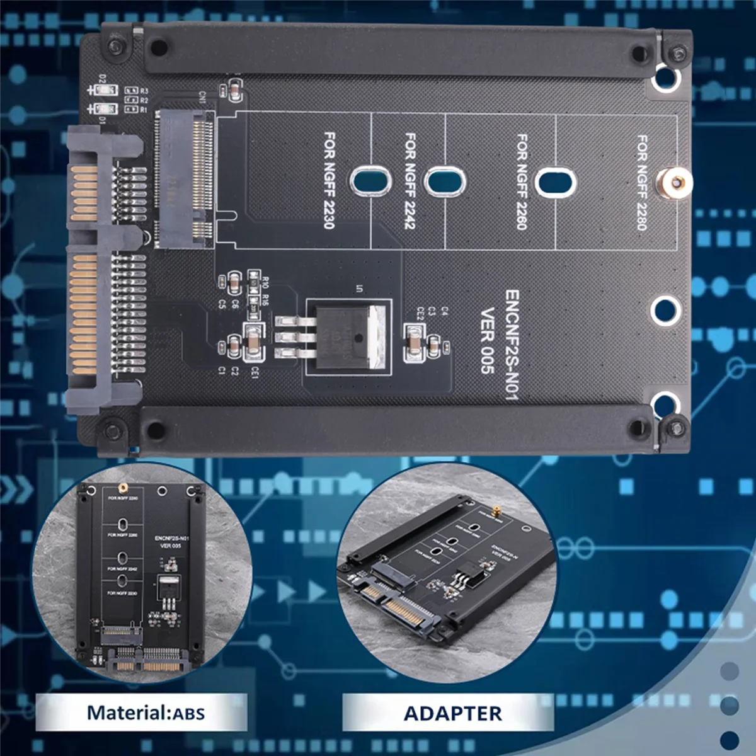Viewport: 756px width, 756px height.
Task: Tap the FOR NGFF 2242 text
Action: [410, 180]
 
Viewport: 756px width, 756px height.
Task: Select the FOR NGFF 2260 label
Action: [522, 181]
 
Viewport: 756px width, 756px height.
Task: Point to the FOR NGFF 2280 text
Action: [642, 183]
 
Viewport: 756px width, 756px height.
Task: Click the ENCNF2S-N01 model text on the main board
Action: [512, 345]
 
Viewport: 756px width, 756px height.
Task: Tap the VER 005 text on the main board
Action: [487, 340]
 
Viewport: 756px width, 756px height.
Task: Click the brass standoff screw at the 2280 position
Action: [676, 183]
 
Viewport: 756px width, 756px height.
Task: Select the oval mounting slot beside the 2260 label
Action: [555, 182]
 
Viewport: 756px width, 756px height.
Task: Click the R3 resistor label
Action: [144, 91]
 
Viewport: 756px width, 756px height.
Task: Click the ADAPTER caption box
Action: [452, 713]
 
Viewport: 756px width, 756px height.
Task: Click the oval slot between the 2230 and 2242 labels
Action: [372, 181]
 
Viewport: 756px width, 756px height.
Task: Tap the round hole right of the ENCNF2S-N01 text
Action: [665, 310]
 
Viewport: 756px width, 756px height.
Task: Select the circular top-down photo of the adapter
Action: [142, 574]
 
